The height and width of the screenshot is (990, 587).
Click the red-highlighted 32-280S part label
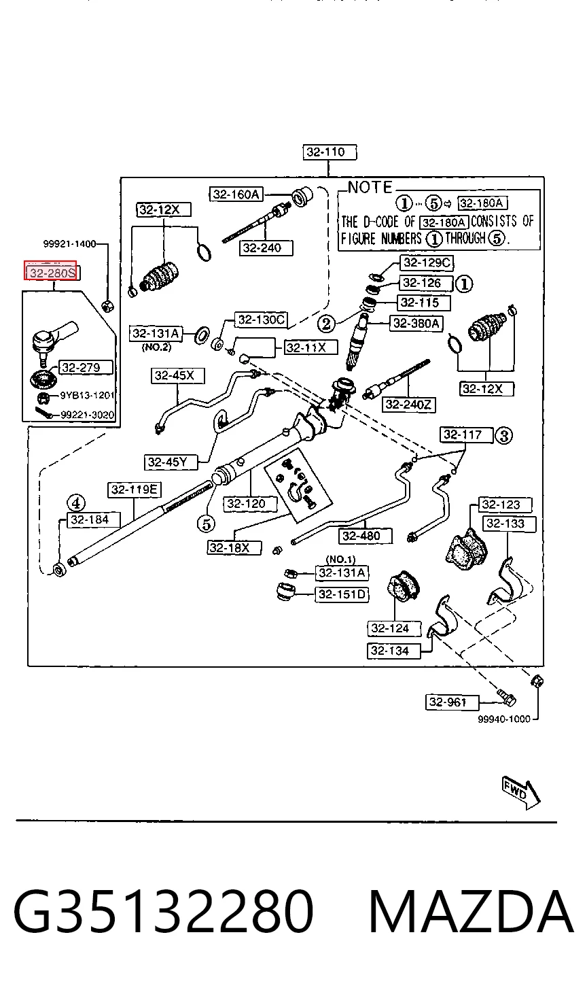[x=51, y=271]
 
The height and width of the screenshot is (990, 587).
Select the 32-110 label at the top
[x=330, y=152]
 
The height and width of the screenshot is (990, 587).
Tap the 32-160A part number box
[x=236, y=194]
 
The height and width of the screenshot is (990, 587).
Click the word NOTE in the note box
[x=370, y=188]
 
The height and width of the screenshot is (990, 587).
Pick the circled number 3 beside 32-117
[x=503, y=436]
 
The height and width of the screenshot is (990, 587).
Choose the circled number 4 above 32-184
[x=76, y=503]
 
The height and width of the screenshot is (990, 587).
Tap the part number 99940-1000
[x=504, y=719]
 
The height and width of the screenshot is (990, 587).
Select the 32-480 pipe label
[x=366, y=536]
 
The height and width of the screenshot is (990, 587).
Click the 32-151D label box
[x=342, y=594]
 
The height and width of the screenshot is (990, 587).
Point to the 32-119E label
[x=135, y=490]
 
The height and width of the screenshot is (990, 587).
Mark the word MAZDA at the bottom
[x=471, y=911]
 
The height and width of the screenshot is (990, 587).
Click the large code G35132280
[x=164, y=911]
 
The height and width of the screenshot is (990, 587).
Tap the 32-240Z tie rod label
[x=408, y=405]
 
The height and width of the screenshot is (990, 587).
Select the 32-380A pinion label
[x=416, y=324]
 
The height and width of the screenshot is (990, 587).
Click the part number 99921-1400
[x=69, y=244]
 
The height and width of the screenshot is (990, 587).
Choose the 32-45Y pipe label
[x=171, y=462]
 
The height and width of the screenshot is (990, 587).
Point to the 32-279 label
[x=86, y=367]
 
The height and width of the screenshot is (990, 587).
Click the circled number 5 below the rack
[x=206, y=524]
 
